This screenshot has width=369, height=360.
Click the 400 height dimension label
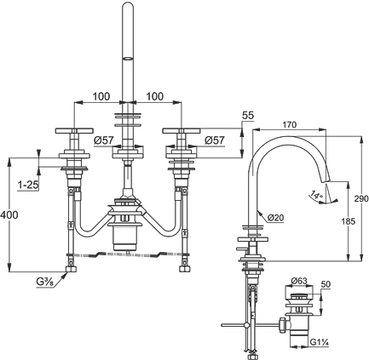(x=9, y=214)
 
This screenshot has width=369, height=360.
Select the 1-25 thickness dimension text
(x=28, y=186)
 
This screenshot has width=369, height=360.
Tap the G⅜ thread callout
(x=45, y=282)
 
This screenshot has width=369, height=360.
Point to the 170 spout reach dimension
(x=290, y=124)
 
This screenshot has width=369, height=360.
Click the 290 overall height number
(x=361, y=198)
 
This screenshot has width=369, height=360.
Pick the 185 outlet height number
(x=349, y=221)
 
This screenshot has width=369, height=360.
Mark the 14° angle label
(x=316, y=195)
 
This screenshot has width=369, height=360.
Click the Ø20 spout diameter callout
(x=275, y=218)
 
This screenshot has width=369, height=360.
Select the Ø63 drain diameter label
(x=299, y=281)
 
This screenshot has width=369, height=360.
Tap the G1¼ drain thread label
(x=319, y=342)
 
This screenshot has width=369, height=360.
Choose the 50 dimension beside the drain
(x=326, y=284)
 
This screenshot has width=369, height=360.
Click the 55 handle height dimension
(x=248, y=116)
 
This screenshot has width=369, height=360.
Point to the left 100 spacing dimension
(x=101, y=96)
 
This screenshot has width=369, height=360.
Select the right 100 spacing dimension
(x=155, y=96)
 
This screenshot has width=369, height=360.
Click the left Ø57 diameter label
(x=104, y=140)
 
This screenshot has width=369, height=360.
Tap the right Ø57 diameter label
(x=214, y=140)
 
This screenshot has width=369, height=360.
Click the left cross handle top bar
(x=74, y=131)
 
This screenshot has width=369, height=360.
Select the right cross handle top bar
(x=182, y=131)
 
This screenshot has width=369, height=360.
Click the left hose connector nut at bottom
(x=71, y=269)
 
